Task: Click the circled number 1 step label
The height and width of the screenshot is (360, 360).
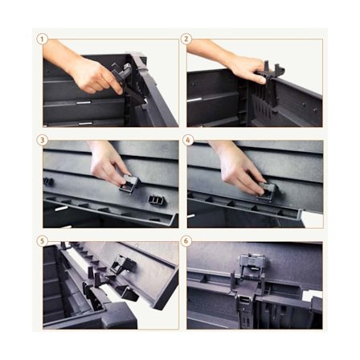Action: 42,39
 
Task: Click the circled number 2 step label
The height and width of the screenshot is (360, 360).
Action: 186,39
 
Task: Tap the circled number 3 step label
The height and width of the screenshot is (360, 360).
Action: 42,140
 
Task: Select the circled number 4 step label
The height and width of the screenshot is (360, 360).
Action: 188,140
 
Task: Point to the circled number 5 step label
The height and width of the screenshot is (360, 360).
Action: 42,241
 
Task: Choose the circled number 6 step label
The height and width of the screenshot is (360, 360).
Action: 186,241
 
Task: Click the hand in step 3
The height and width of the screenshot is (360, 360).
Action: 107,163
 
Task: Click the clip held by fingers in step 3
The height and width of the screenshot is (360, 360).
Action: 129,183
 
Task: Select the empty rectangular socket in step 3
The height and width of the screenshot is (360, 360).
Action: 155,199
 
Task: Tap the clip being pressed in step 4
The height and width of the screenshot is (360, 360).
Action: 267,190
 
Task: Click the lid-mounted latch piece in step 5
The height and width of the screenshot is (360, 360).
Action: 122,263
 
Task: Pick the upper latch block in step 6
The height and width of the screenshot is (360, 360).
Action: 253,263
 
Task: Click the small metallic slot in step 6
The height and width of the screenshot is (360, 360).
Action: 245,300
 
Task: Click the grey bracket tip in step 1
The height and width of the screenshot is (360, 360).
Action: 128,66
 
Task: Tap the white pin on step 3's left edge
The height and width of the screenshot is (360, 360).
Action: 61,208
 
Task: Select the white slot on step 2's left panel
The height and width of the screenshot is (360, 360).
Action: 194,100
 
